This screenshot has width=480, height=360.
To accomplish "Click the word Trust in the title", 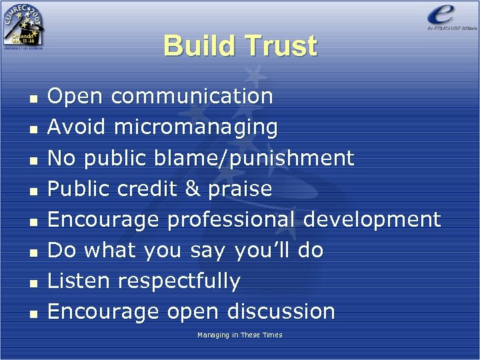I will [279, 46].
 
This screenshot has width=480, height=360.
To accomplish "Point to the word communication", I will [192, 96].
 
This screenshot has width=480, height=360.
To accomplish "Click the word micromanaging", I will [196, 127].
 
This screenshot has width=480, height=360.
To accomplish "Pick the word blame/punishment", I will [254, 158].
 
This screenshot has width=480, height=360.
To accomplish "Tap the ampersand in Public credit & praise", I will [192, 189].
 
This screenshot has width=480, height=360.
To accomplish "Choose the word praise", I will [240, 189].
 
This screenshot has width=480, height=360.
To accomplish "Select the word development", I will [372, 219].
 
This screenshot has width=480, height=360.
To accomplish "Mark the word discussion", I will [281, 311].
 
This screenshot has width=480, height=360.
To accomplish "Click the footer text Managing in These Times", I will [239, 335].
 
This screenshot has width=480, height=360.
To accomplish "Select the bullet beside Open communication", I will [32, 97].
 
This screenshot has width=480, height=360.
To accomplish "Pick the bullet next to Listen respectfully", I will [32, 282].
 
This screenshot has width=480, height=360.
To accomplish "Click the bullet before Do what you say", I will [32, 251].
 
